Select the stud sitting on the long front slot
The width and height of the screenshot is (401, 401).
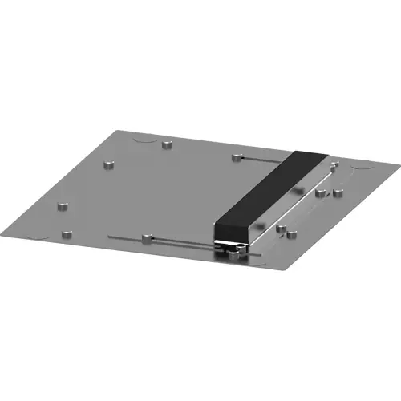[x=145, y=239]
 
